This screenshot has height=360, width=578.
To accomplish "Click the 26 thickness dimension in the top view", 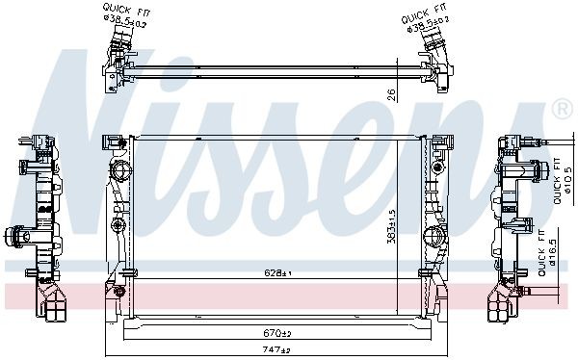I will point(390,93).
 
